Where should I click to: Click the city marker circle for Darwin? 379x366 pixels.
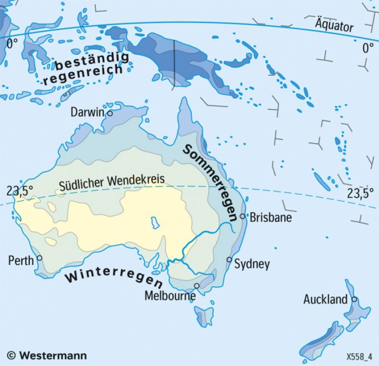click(110, 113)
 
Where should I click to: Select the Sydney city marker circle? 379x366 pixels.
click(229, 259)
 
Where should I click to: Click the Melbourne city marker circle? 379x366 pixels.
click(196, 286)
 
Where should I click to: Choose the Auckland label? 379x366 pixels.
click(325, 300)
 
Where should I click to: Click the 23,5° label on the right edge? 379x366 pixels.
click(358, 193)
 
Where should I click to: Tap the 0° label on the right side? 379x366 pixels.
click(367, 48)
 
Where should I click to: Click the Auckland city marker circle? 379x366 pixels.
click(354, 299)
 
